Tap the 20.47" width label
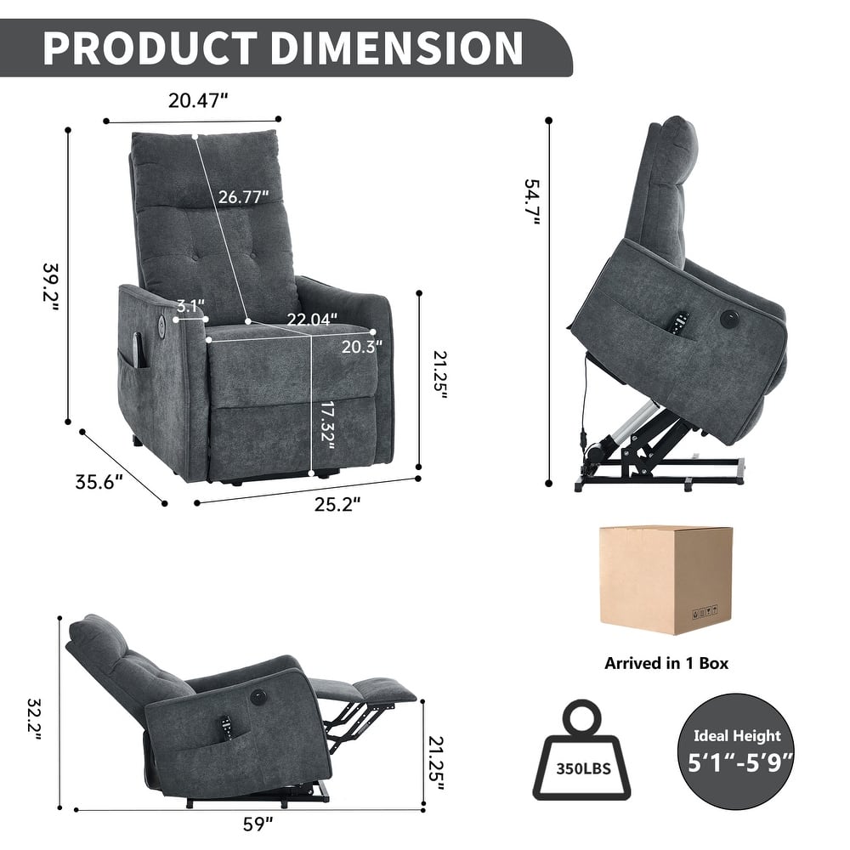click(197, 101)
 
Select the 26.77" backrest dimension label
click(243, 197)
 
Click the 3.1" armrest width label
click(191, 305)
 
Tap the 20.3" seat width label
click(361, 345)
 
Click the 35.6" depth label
click(99, 482)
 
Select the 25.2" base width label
click(332, 505)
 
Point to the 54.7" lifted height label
click(533, 201)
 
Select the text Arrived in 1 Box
click(666, 663)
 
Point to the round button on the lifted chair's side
click(728, 319)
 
